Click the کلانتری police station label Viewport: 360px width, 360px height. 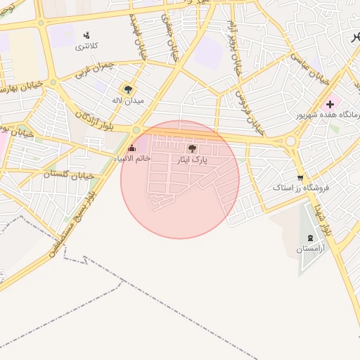[87, 46]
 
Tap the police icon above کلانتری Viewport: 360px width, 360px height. [87, 35]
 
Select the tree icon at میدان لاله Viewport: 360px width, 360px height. [128, 89]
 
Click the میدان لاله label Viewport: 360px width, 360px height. [129, 101]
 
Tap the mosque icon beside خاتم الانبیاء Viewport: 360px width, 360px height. [131, 148]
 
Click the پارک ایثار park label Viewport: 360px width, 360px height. [192, 160]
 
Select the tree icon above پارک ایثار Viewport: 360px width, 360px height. [192, 148]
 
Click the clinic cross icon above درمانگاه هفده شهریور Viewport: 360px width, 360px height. [330, 104]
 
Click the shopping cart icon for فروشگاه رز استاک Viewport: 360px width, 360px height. [300, 178]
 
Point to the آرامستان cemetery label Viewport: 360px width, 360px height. [310, 248]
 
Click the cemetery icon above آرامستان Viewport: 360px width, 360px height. [310, 237]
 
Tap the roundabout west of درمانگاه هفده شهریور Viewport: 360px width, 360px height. [290, 141]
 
